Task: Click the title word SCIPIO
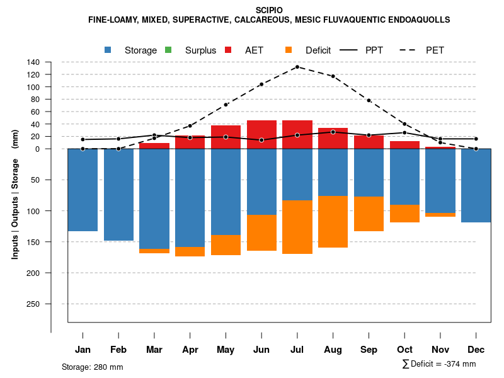click(x=269, y=10)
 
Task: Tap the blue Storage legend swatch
click(x=108, y=50)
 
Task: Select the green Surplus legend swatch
click(x=168, y=50)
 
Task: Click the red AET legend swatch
click(x=229, y=50)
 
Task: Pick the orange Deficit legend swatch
click(x=289, y=50)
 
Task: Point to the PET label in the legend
click(x=435, y=50)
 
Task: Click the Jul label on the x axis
click(x=297, y=350)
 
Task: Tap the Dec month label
click(x=476, y=350)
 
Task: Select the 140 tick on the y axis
click(x=33, y=62)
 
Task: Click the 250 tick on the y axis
click(x=33, y=304)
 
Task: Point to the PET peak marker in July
click(x=297, y=67)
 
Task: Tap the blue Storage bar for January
click(x=83, y=190)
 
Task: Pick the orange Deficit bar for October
click(x=404, y=214)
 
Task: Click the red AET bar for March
click(x=154, y=146)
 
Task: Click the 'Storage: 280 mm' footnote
click(x=93, y=367)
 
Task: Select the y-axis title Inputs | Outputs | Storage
click(x=15, y=193)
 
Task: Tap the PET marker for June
click(x=261, y=84)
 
